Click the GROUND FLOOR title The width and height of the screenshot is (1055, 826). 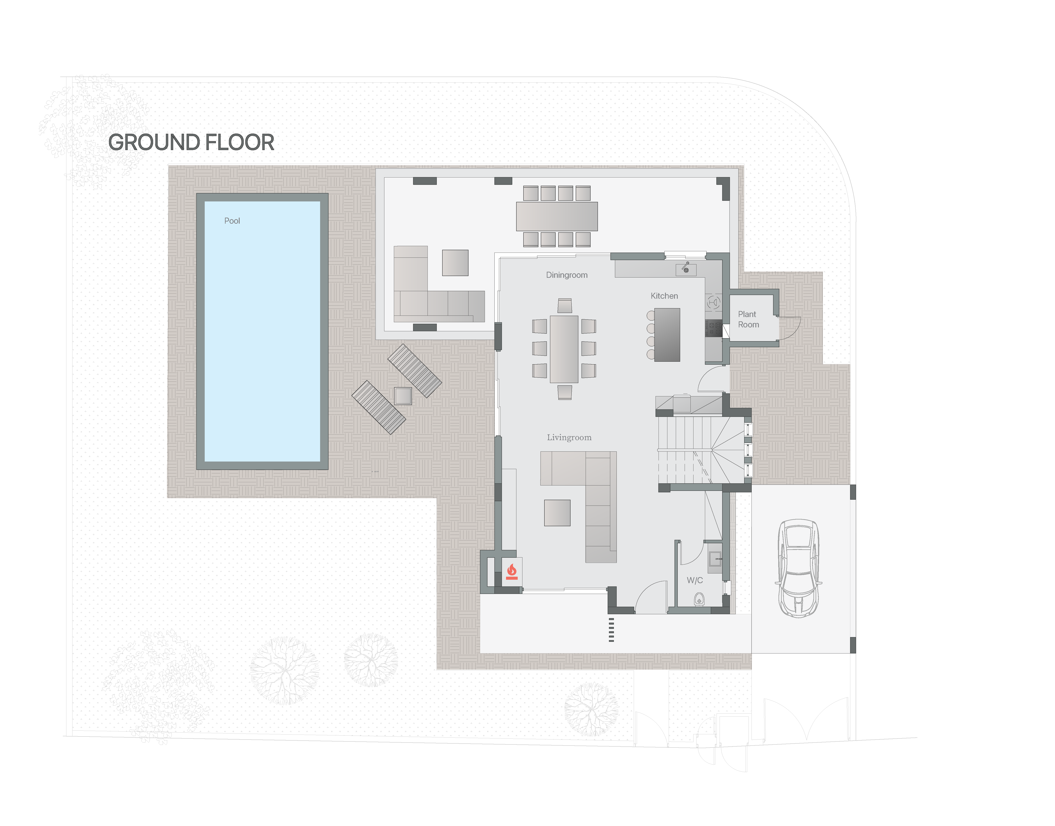(191, 143)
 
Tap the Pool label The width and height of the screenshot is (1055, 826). (232, 221)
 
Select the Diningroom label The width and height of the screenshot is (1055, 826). (567, 275)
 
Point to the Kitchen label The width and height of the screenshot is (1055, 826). (664, 296)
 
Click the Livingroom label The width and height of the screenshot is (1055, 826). (569, 438)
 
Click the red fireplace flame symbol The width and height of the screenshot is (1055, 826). (512, 572)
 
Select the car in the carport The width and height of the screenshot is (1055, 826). (798, 568)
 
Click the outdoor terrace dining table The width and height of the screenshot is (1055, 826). (557, 216)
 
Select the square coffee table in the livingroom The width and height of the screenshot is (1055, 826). (557, 513)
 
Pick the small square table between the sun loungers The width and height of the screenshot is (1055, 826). (403, 396)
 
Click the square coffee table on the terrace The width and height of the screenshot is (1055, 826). (455, 263)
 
